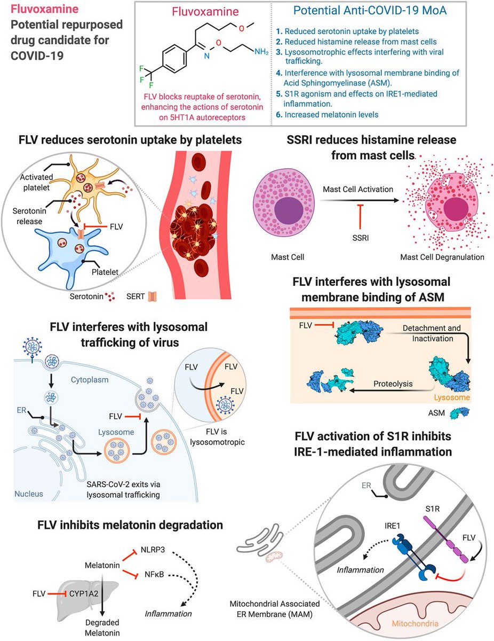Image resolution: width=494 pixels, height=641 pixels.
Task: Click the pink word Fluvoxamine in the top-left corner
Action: (39, 10)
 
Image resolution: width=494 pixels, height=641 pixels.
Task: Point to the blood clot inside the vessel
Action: (192, 232)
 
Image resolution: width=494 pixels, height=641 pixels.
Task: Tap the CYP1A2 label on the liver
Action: (86, 592)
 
